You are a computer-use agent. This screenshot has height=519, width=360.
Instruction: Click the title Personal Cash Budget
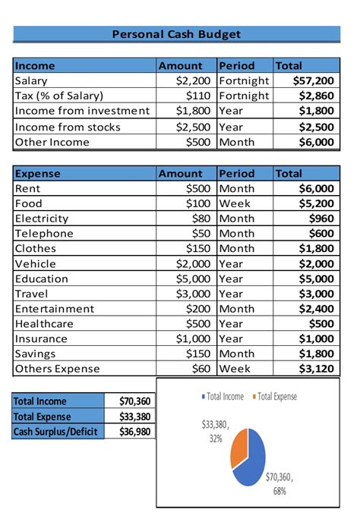pyautogui.click(x=176, y=34)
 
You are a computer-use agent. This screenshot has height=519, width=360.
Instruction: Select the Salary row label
pyautogui.click(x=31, y=80)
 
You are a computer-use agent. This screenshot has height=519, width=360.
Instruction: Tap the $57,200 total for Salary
pyautogui.click(x=313, y=80)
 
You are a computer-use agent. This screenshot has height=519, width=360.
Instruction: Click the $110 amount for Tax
pyautogui.click(x=200, y=96)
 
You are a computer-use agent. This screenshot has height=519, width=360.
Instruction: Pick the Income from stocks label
pyautogui.click(x=68, y=127)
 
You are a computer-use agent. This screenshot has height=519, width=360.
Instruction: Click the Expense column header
pyautogui.click(x=38, y=173)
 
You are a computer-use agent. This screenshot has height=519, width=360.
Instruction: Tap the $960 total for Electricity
pyautogui.click(x=320, y=219)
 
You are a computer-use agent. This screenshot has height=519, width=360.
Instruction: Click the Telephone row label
pyautogui.click(x=44, y=234)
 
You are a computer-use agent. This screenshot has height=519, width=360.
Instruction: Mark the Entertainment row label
pyautogui.click(x=55, y=309)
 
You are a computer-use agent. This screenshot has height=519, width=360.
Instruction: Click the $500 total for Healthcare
pyautogui.click(x=320, y=324)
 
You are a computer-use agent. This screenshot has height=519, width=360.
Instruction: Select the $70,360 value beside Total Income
pyautogui.click(x=134, y=401)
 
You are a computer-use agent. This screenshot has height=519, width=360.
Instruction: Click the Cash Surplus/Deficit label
pyautogui.click(x=56, y=432)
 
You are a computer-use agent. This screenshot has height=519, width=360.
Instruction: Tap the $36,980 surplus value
pyautogui.click(x=134, y=432)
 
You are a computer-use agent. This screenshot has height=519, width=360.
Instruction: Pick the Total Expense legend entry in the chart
pyautogui.click(x=276, y=397)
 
